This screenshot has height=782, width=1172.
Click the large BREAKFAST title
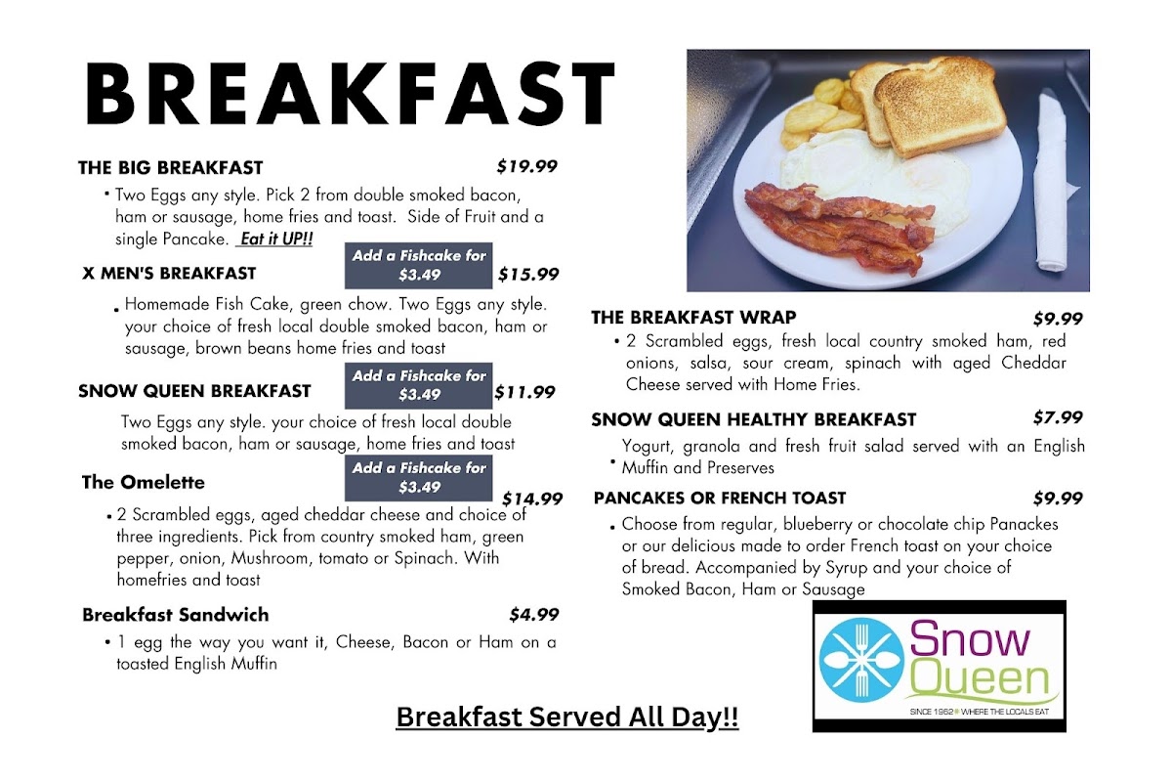pyautogui.click(x=350, y=93)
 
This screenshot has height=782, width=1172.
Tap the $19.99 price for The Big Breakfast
pyautogui.click(x=526, y=166)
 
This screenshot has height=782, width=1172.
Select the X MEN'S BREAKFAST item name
pyautogui.click(x=169, y=274)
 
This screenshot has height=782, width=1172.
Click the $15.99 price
pyautogui.click(x=528, y=274)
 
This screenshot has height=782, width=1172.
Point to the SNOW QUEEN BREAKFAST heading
pyautogui.click(x=194, y=391)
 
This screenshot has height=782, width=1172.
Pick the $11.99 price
pyautogui.click(x=524, y=392)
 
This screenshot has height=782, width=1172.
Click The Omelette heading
pyautogui.click(x=144, y=483)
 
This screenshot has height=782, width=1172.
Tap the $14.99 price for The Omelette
pyautogui.click(x=532, y=499)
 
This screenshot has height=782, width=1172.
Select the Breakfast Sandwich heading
pyautogui.click(x=176, y=615)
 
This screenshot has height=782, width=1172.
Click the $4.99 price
pyautogui.click(x=534, y=615)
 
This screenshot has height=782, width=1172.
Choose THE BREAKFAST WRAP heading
pyautogui.click(x=693, y=318)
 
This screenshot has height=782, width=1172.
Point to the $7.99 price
pyautogui.click(x=1058, y=417)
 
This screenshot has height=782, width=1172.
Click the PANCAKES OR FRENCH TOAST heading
pyautogui.click(x=720, y=498)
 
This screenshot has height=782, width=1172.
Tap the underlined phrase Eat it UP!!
pyautogui.click(x=275, y=239)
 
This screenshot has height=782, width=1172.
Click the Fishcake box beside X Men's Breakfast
pyautogui.click(x=419, y=266)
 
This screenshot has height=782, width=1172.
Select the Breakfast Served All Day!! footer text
pyautogui.click(x=567, y=717)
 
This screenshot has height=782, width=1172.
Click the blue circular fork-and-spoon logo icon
pyautogui.click(x=860, y=660)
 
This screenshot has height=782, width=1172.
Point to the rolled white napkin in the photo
pyautogui.click(x=1053, y=181)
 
